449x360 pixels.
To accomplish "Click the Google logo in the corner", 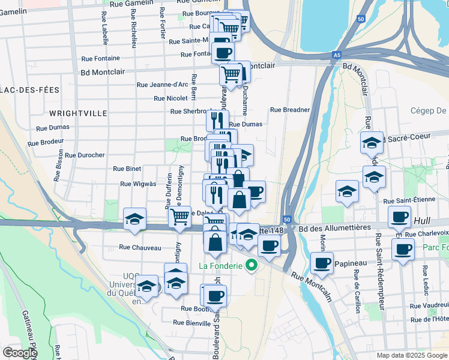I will [x=20, y=353].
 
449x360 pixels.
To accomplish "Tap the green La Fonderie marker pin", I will [x=253, y=265].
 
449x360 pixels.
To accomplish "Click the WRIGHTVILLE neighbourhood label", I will [x=78, y=113].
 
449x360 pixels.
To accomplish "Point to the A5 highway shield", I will [x=339, y=55].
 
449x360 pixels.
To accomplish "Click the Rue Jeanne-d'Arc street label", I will [x=162, y=85].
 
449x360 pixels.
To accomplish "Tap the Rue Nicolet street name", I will [x=170, y=98].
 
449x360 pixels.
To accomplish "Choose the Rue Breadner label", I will [x=290, y=110].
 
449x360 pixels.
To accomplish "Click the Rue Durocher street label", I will [x=83, y=155].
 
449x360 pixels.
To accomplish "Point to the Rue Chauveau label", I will [x=140, y=247].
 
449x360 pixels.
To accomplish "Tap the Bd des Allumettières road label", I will [x=331, y=229].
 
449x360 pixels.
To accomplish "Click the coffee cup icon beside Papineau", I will [x=322, y=262].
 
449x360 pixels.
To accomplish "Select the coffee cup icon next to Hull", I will [x=399, y=217].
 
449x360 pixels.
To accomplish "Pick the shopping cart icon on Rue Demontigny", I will [x=179, y=217].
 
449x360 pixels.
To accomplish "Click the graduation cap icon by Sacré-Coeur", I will [x=372, y=142].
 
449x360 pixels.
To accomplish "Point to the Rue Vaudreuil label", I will [x=429, y=305].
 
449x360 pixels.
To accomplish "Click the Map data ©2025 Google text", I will [x=412, y=355].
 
